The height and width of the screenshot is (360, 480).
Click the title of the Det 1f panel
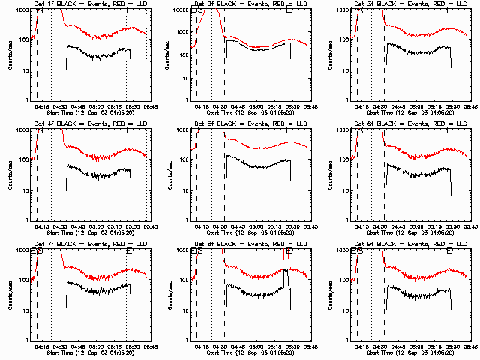(82, 4)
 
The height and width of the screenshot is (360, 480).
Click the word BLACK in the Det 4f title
(71, 124)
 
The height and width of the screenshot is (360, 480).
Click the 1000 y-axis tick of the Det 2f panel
(183, 10)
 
